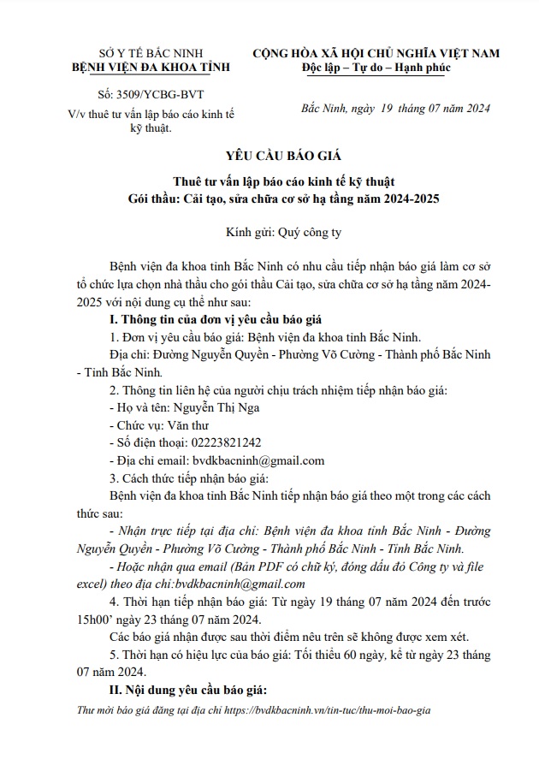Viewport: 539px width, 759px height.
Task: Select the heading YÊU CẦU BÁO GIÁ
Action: click(x=270, y=156)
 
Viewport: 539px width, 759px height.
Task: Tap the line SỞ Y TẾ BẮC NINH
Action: click(x=138, y=53)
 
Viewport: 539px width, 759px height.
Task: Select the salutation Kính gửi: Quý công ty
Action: click(x=270, y=231)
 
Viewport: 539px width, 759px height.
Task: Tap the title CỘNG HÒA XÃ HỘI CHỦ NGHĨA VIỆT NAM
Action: click(x=375, y=53)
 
